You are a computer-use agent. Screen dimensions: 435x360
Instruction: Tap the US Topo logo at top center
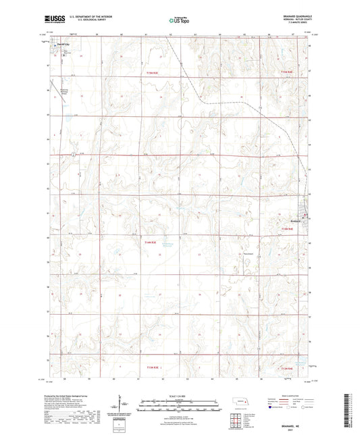(x=179, y=20)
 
